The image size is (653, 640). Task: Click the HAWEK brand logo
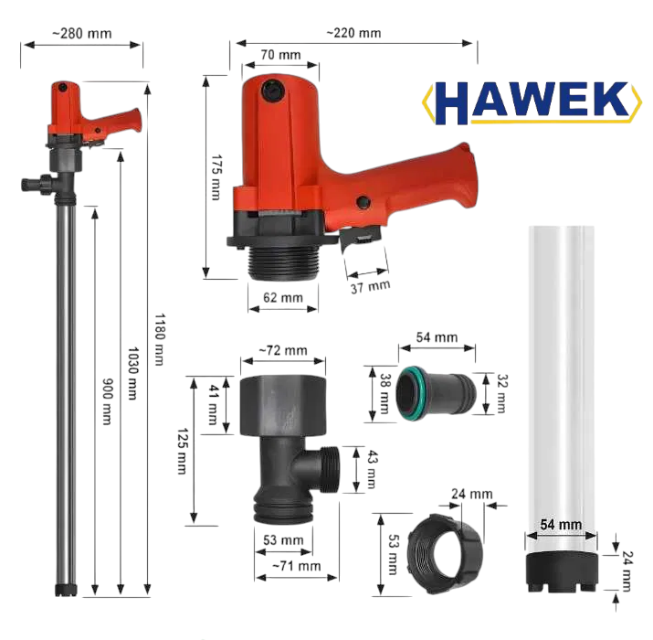click(x=532, y=102)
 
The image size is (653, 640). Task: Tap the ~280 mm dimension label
click(x=82, y=33)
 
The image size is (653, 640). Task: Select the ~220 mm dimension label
click(x=353, y=33)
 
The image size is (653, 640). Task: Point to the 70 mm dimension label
click(x=280, y=55)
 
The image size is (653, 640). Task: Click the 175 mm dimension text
click(x=216, y=177)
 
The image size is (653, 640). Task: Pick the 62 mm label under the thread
click(x=283, y=297)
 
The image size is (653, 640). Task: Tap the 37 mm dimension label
click(x=370, y=286)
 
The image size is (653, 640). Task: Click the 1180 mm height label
click(x=159, y=339)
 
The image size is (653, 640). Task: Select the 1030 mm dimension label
click(x=132, y=373)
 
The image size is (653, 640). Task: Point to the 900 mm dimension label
click(x=107, y=401)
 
